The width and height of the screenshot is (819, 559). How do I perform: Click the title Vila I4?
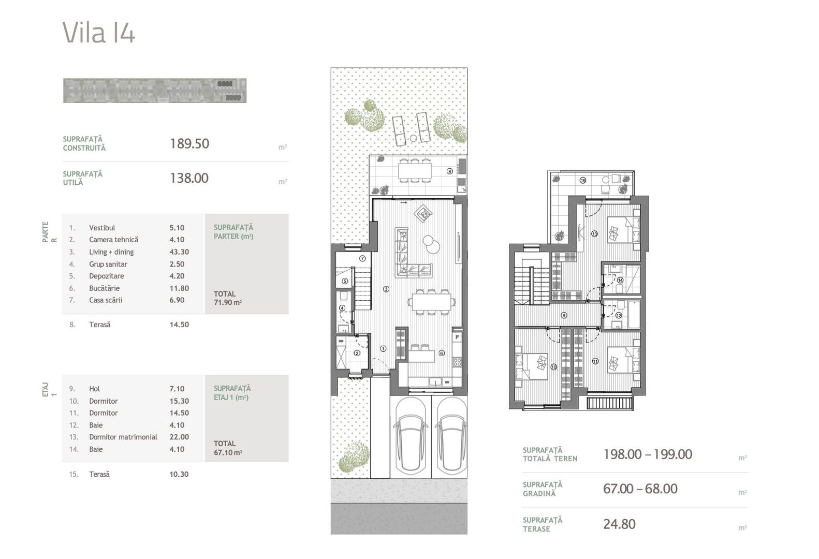pos(99,33)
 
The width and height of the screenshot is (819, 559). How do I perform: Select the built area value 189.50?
pos(189,144)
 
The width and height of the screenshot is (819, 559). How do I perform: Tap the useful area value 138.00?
pos(189,179)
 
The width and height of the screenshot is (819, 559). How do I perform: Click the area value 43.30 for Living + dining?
pos(179,252)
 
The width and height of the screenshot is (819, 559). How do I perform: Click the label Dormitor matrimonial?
pos(123,437)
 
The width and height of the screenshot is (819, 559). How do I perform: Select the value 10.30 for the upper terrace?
pos(179,474)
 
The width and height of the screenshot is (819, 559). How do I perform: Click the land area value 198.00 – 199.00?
pos(647,454)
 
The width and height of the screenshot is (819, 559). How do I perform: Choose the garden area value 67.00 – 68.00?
pos(640,489)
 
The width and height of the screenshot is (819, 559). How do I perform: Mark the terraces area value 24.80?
pos(619,524)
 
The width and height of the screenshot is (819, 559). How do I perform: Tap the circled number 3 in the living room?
pos(386,289)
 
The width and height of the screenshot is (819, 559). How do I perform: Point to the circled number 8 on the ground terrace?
pos(449,171)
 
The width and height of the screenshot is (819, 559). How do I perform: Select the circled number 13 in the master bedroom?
pos(594,234)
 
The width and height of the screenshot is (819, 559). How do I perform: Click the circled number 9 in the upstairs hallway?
pos(564,315)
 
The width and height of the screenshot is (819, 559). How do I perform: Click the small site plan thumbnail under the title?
pos(154,91)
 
